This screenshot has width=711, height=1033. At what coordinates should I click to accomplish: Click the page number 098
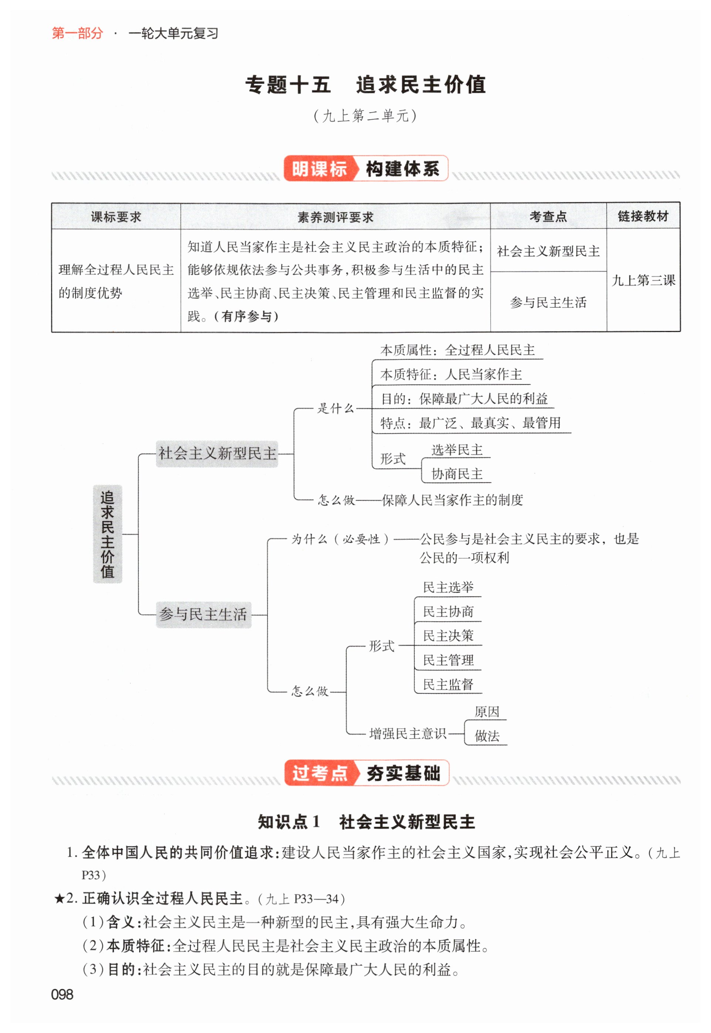(x=63, y=994)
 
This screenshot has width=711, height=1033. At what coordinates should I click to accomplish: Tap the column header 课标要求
(x=116, y=217)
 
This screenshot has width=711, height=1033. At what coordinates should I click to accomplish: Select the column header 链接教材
(x=643, y=217)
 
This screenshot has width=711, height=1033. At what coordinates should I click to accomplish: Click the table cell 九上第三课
(x=643, y=280)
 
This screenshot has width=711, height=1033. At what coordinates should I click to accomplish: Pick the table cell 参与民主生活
(x=548, y=303)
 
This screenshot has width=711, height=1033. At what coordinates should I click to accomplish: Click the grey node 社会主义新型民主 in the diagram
(x=217, y=454)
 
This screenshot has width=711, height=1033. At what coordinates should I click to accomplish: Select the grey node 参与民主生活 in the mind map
(x=203, y=614)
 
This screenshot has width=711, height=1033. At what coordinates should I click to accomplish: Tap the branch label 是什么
(x=336, y=408)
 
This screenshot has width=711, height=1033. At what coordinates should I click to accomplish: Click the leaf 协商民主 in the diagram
(x=456, y=474)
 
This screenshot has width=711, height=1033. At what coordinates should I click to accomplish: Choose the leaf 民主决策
(x=448, y=636)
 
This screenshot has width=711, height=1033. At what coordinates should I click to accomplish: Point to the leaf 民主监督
(x=448, y=684)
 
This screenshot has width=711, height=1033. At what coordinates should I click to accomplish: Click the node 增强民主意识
(x=408, y=733)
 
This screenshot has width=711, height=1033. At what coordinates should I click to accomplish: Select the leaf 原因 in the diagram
(x=486, y=712)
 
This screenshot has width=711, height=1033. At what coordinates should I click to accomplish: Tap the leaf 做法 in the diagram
(x=486, y=736)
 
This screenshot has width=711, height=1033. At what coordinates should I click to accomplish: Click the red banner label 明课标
(x=319, y=169)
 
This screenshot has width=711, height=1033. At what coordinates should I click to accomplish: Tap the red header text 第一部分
(x=78, y=33)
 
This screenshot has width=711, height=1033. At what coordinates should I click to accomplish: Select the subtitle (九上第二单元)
(x=365, y=116)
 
